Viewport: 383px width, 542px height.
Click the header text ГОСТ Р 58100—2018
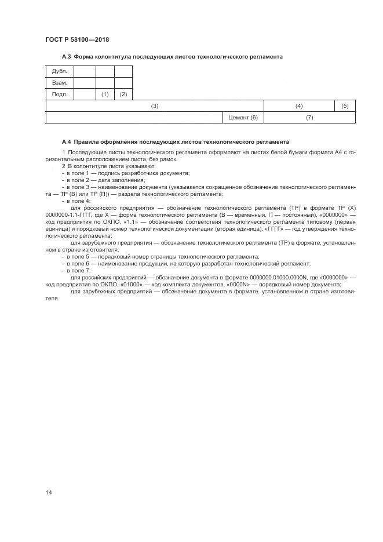77,39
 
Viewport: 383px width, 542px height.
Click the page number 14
49,492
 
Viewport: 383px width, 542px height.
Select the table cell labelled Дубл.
60,71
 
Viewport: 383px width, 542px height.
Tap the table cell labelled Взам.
60,83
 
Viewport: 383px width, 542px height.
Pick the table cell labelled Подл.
60,94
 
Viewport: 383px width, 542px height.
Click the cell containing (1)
105,94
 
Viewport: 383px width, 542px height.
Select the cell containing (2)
123,94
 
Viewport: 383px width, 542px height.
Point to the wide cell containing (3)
155,106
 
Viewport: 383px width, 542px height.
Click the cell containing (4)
299,106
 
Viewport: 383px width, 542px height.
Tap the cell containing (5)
345,106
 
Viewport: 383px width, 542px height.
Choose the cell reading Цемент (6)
243,118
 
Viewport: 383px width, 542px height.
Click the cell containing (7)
309,118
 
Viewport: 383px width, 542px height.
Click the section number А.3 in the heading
66,57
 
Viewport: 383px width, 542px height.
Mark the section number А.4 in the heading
66,141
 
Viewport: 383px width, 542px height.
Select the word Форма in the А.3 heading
85,57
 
